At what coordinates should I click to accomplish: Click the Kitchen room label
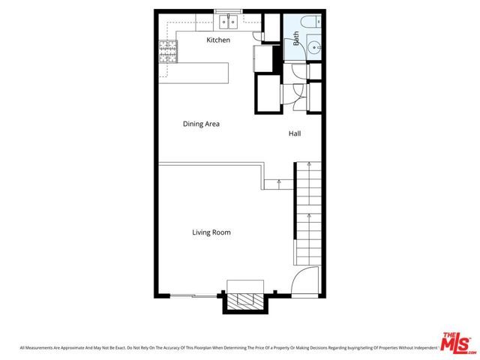(218, 40)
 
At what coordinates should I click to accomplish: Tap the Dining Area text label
(201, 124)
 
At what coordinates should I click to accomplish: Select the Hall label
(295, 133)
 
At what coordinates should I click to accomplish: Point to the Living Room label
(211, 232)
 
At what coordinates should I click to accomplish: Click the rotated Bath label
(295, 38)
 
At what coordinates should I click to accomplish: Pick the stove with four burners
(166, 52)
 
